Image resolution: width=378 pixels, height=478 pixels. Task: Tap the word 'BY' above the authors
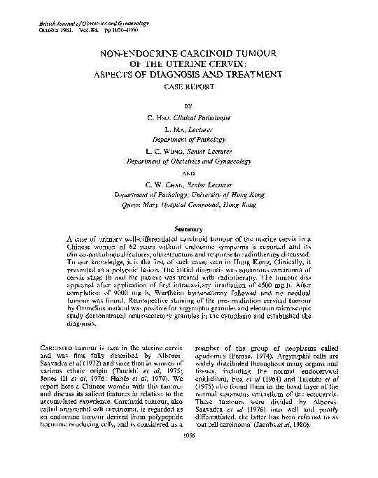(x=189, y=108)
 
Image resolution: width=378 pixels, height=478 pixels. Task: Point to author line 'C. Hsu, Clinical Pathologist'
(x=189, y=121)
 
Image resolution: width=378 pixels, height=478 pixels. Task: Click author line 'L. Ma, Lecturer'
(x=189, y=131)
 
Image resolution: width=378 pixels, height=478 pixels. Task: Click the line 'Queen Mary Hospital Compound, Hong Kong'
(x=189, y=207)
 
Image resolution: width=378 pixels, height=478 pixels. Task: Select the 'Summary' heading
(x=189, y=230)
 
